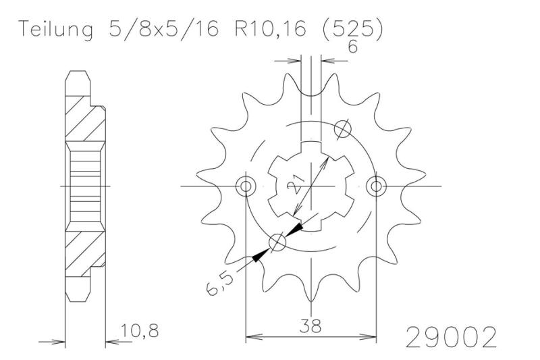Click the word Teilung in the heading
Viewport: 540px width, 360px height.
coord(56,29)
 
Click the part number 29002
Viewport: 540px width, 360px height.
coord(452,337)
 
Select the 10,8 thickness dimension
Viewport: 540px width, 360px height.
coord(140,330)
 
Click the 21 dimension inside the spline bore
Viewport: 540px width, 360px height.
coord(294,184)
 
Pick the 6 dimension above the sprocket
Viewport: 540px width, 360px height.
coord(352,47)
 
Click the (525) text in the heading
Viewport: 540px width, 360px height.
coord(352,30)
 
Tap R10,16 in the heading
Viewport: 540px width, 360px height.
coord(271,29)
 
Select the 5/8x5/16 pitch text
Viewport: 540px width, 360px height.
coord(163,29)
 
